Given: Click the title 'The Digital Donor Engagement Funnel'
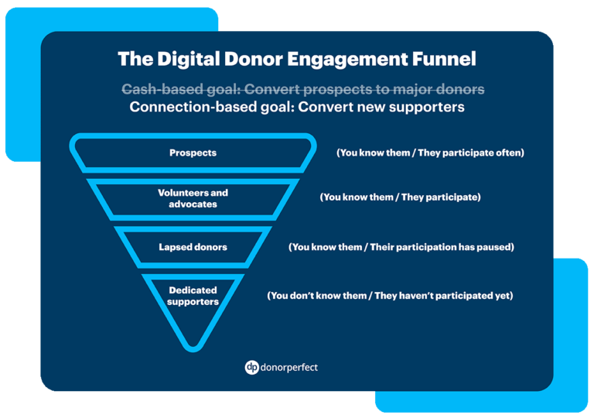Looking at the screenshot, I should point(297,59).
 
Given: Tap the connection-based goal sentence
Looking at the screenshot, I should point(297,108).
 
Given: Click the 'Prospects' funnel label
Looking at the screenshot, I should point(193,153).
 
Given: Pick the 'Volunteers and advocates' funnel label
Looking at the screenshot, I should point(193,198).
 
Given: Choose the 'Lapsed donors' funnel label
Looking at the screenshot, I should point(193,247).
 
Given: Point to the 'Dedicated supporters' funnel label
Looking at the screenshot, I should point(193,296).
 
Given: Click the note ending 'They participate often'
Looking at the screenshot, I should point(430,153).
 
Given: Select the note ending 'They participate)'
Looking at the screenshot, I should point(400,197).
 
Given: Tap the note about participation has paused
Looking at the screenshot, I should point(401,247).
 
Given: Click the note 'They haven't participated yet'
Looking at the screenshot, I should point(390,296).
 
